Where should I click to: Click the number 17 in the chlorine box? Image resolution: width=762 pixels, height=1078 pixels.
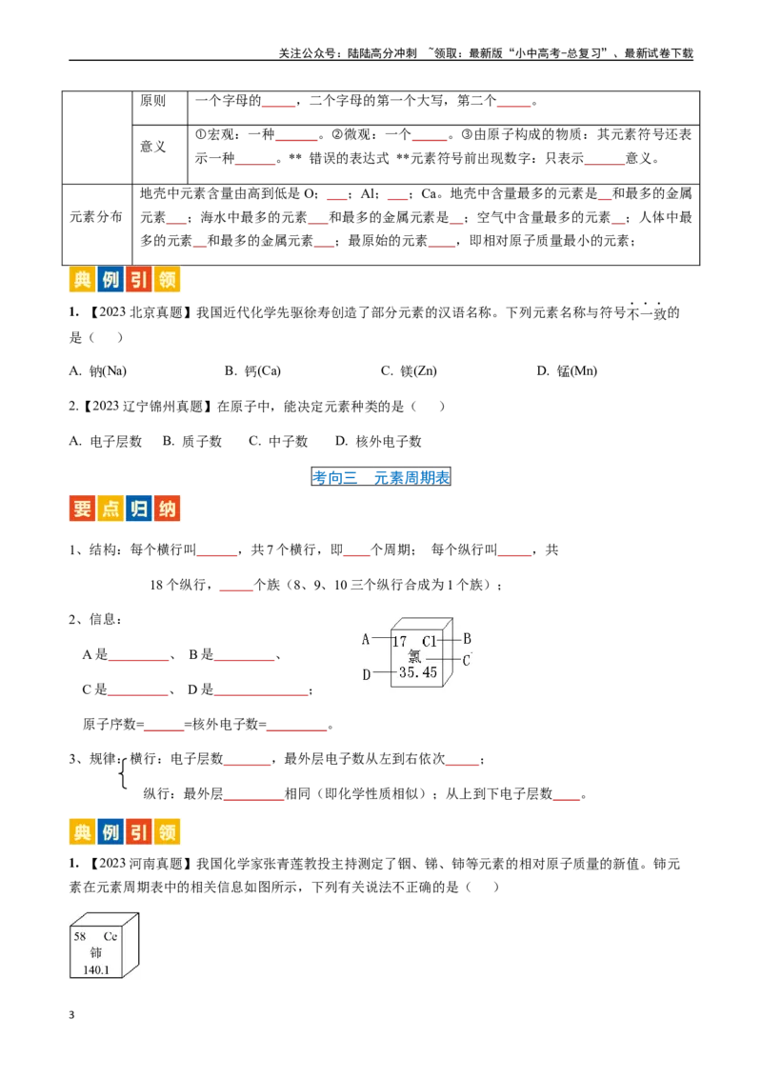pos(400,642)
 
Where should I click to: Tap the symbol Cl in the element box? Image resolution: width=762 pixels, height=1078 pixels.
pos(430,642)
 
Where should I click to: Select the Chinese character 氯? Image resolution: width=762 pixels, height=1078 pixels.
pos(414,656)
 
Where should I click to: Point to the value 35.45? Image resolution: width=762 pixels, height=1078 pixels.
pos(418,672)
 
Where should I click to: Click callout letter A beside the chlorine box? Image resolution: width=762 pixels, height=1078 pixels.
pos(366,639)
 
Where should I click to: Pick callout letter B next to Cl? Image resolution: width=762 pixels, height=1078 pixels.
pos(467,639)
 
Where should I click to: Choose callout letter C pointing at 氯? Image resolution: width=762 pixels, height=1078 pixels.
pos(467,660)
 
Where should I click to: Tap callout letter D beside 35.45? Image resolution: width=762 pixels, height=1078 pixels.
pos(366,674)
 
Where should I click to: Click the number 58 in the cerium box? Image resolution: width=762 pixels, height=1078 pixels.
pos(80,936)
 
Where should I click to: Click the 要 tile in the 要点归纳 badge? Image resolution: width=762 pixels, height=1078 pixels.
pos(82,509)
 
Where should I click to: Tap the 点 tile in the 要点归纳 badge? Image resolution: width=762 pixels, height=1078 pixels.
pos(110,509)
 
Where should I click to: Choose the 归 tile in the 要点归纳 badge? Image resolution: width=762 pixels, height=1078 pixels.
pos(138,509)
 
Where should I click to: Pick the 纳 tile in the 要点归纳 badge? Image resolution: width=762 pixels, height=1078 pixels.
pos(167,509)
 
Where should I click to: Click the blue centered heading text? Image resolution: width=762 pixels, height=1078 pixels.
pos(381,477)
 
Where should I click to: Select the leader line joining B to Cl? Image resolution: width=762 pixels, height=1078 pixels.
pos(450,639)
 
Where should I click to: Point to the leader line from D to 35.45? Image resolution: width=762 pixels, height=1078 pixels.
pos(385,673)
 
